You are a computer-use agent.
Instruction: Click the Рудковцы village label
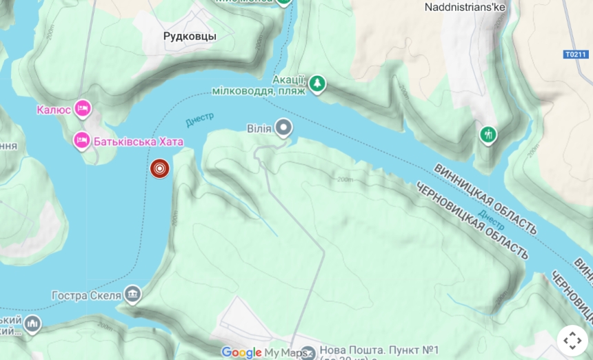click(190, 36)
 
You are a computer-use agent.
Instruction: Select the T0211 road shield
click(576, 54)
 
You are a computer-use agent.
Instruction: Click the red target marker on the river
click(160, 168)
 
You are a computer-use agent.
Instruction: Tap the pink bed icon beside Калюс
click(83, 108)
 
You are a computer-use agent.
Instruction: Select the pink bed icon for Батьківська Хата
click(82, 141)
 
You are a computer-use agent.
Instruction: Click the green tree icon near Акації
click(316, 83)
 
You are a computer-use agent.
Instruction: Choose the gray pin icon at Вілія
click(283, 128)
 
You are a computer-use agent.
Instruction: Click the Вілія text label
click(259, 128)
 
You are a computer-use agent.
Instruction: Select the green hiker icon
click(488, 134)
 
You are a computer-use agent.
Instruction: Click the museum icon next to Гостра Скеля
click(132, 295)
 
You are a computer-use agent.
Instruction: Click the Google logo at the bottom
click(241, 352)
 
